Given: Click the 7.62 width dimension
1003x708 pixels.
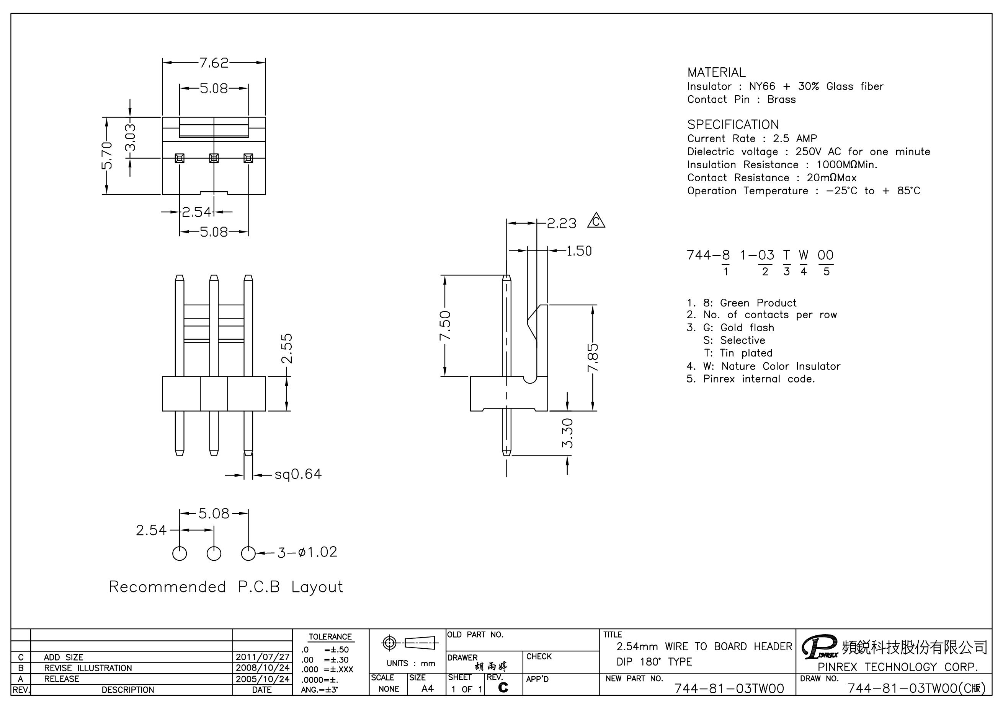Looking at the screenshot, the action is (x=214, y=63).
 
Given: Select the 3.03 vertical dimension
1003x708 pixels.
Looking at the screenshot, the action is (x=130, y=137).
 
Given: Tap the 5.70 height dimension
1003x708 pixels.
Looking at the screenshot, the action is (x=106, y=156).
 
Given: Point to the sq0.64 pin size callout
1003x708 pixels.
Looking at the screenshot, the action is (x=298, y=474).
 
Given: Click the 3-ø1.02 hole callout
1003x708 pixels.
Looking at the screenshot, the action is (x=307, y=552).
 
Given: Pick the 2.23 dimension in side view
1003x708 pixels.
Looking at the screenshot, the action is (x=562, y=223).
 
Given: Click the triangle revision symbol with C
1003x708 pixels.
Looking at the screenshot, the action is (x=596, y=220).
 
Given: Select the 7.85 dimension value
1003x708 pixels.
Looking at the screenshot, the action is (x=593, y=358).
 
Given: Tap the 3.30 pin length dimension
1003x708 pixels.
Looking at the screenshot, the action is (x=567, y=433).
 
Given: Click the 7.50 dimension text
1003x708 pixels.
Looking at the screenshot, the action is (x=445, y=325).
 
